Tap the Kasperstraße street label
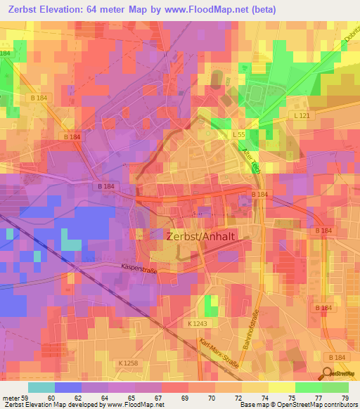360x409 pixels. point(137,268)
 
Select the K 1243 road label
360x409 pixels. point(198,323)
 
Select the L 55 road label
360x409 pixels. point(238,133)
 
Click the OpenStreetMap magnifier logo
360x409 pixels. point(329,374)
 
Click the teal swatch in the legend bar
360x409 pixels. point(41,387)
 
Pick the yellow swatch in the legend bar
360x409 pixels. point(255,387)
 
